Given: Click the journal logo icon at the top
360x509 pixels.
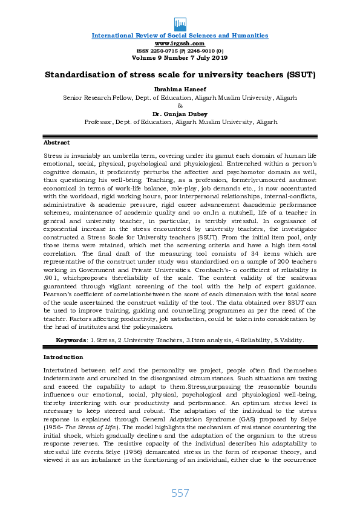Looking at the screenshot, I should [180, 24].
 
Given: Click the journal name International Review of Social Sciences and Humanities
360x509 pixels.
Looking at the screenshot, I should [180, 36].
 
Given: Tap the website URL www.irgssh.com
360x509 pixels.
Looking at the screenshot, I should [180, 44].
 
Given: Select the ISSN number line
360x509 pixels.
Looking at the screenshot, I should [180, 51].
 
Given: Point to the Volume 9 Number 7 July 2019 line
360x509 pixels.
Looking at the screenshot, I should [180, 57].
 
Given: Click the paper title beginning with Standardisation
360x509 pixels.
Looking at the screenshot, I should [180, 76].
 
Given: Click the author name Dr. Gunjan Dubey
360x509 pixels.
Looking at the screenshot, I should [180, 113].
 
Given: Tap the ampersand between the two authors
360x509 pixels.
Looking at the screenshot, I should [180, 105].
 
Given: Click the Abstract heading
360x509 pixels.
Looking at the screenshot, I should [56, 143].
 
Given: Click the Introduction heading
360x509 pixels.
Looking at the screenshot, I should [62, 357].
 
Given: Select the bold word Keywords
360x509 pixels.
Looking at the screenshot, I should [71, 340].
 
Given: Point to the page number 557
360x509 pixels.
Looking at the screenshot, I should [180, 493].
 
